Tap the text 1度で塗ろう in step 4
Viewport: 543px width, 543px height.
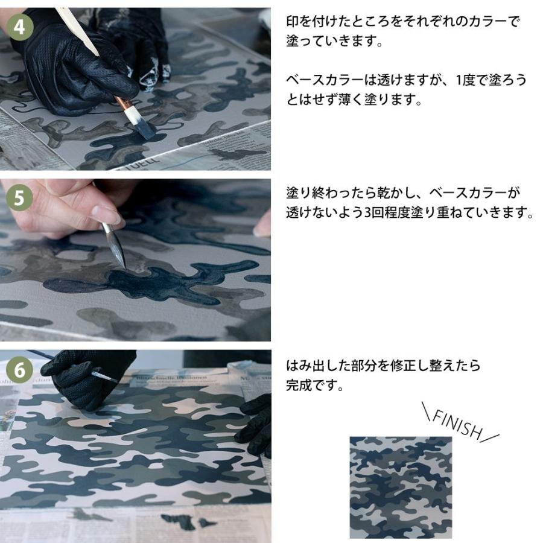coord(480,80)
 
